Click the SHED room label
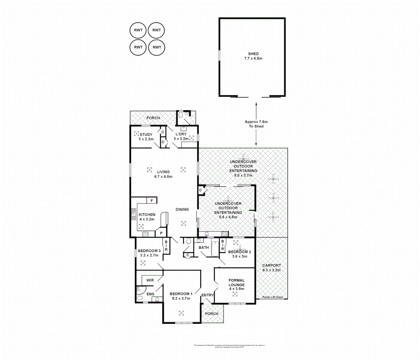click(253, 54)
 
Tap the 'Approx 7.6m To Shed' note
click(256, 124)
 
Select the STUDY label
click(146, 135)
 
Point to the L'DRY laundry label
click(181, 134)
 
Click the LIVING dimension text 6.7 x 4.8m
click(163, 177)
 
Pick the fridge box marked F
click(152, 201)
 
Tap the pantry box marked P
click(161, 233)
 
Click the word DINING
click(182, 209)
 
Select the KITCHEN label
click(147, 215)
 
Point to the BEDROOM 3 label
click(149, 251)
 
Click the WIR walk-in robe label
click(150, 280)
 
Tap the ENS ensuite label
click(150, 294)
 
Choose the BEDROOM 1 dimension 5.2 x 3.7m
click(181, 298)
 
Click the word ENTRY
click(208, 295)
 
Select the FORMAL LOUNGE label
click(236, 283)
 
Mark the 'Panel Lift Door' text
click(272, 297)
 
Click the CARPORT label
click(271, 266)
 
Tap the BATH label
click(204, 247)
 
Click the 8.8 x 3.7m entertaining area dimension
click(243, 175)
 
